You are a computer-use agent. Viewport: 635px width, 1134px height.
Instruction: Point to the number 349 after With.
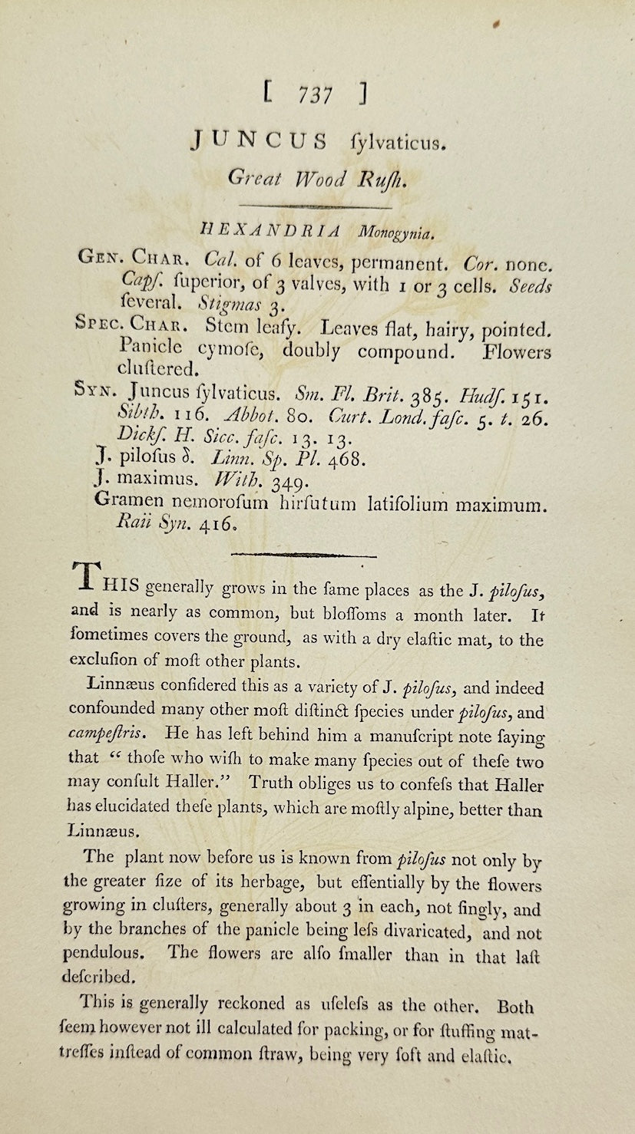(287, 483)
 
